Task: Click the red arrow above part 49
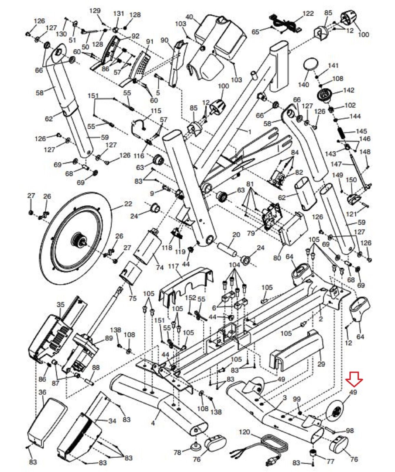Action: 354,379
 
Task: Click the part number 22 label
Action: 128,204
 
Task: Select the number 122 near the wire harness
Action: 309,14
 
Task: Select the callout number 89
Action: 109,338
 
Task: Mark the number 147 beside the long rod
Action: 337,164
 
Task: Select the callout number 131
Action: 119,14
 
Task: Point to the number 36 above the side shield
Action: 42,392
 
